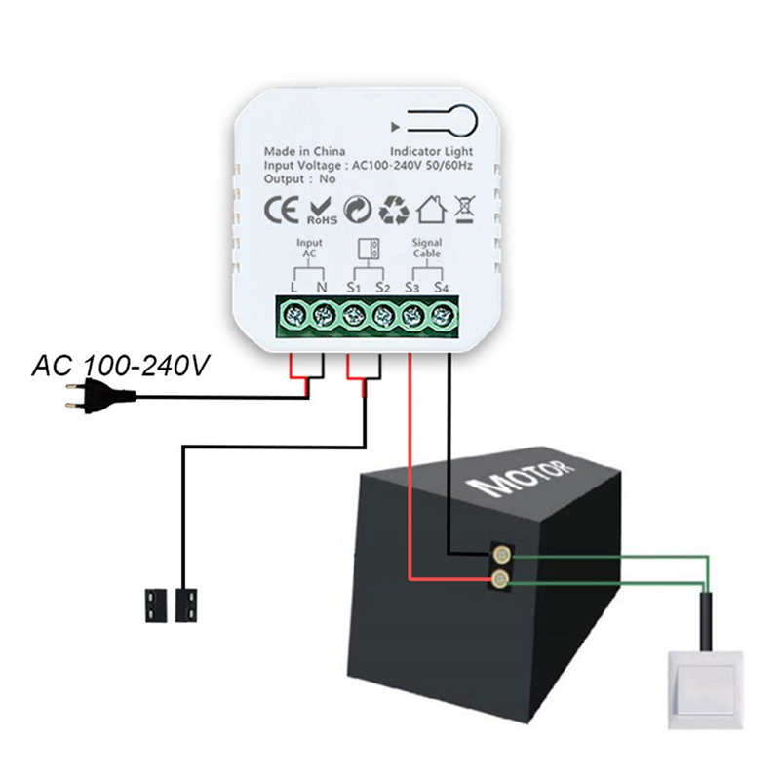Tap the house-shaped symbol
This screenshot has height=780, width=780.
point(431,210)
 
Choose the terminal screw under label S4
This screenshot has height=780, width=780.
point(443,314)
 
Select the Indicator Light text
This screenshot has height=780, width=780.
point(431,152)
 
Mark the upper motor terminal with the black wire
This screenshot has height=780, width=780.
point(500,556)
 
